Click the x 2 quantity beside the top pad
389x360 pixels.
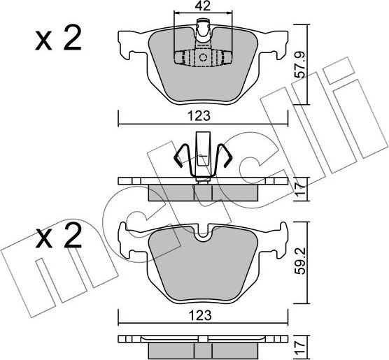tap(58, 38)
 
